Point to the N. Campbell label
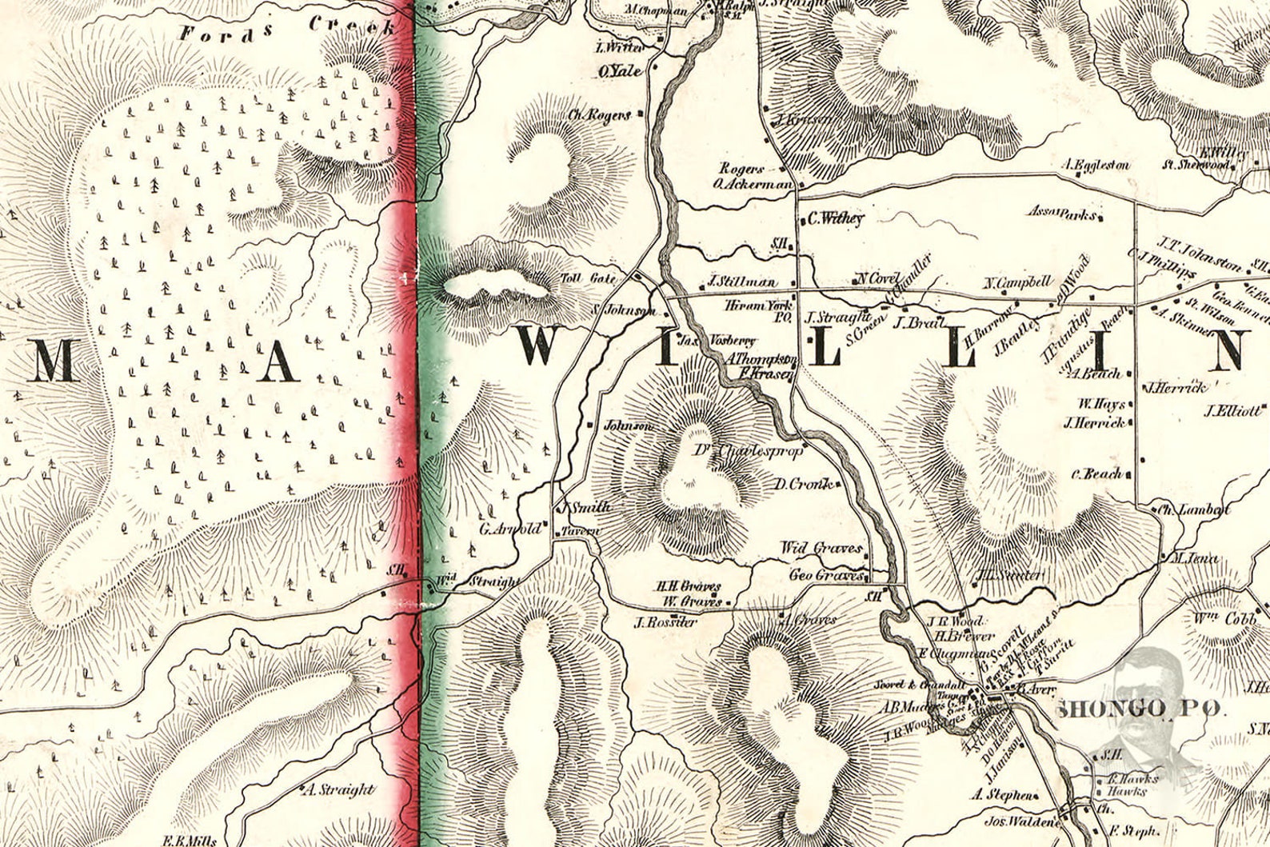[1017, 282]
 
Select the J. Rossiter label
[665, 621]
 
